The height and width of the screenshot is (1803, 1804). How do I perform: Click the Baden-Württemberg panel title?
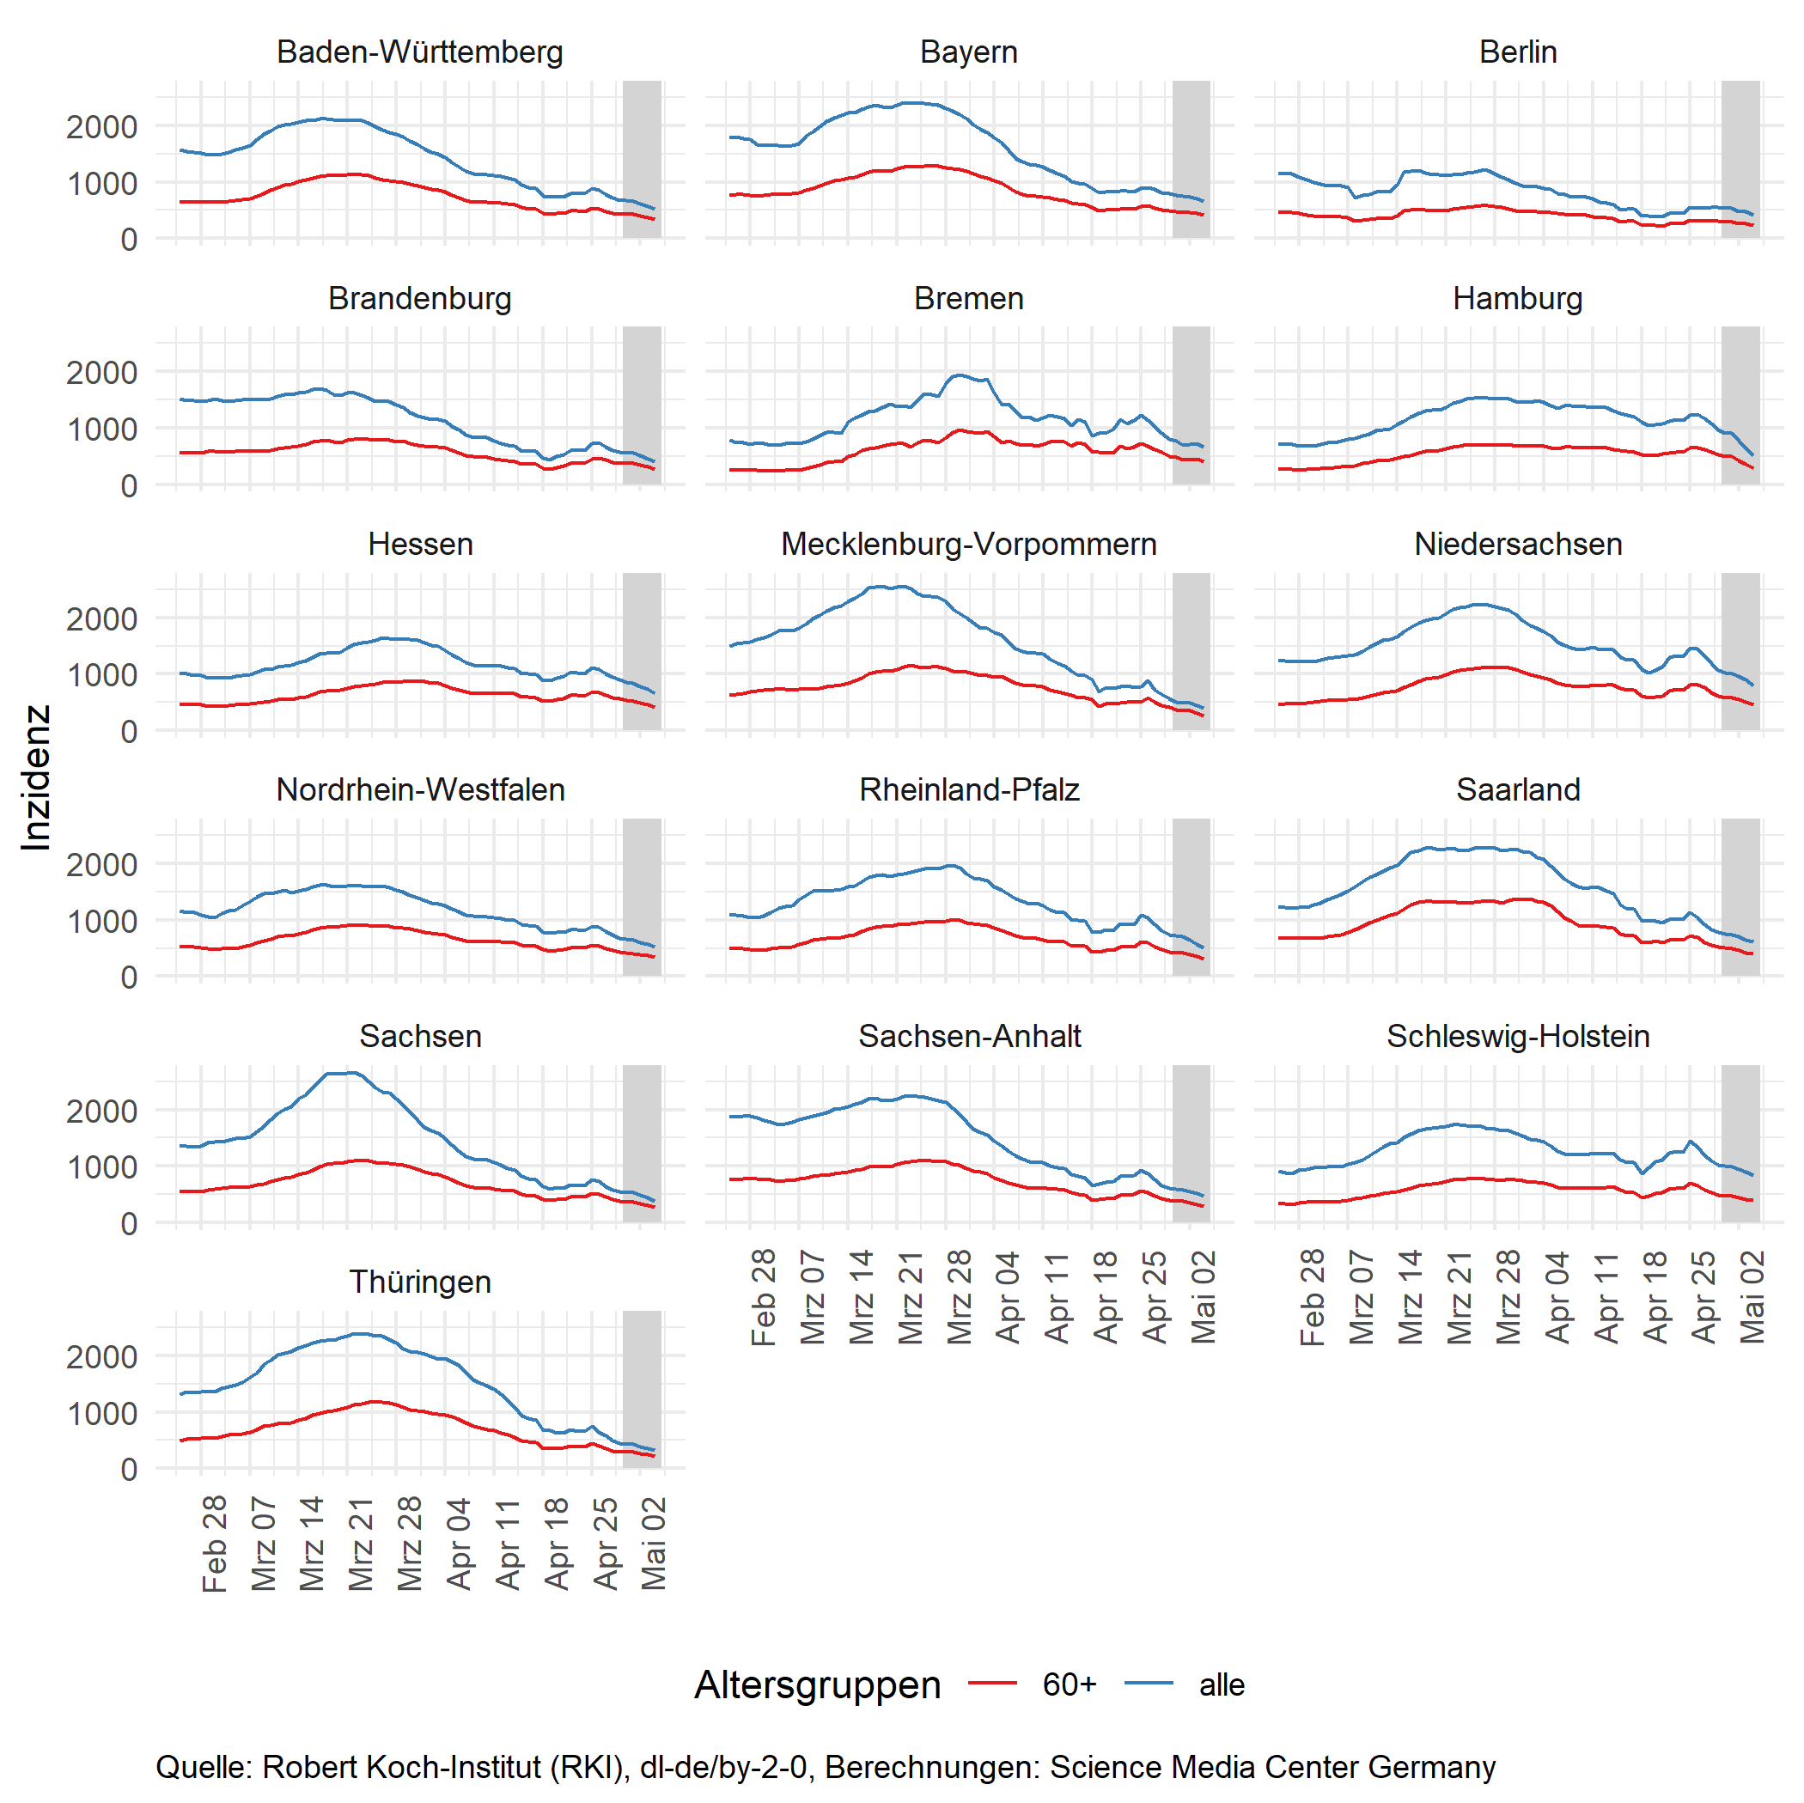tap(419, 52)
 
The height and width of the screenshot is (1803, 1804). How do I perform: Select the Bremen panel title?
tap(968, 299)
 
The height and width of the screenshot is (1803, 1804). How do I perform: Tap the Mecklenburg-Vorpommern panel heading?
tap(968, 545)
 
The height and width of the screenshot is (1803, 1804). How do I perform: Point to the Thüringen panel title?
tap(419, 1282)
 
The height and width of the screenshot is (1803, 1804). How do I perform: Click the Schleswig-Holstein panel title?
tap(1517, 1037)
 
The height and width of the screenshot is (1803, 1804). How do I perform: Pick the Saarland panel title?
tap(1517, 790)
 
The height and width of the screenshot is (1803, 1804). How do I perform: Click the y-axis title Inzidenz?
tap(35, 777)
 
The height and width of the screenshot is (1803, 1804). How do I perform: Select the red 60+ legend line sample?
tap(991, 1684)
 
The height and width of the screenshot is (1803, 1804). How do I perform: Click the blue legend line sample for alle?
tap(1149, 1684)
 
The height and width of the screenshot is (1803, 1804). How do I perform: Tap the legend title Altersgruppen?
tap(817, 1684)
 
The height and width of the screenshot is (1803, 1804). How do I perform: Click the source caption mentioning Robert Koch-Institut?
tap(825, 1767)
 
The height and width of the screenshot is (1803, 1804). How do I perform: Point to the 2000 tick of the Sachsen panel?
tap(101, 1112)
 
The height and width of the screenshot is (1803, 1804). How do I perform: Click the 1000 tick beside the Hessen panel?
tap(101, 675)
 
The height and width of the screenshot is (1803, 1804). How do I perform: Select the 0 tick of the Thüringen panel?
tap(129, 1470)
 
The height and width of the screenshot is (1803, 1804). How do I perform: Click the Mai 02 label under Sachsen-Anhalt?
tap(1204, 1297)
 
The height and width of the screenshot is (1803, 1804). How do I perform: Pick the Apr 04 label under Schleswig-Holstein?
tap(1557, 1297)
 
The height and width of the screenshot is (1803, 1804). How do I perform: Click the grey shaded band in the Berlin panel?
tap(1740, 159)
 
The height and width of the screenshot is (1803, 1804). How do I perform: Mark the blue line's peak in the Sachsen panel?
tap(351, 1073)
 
